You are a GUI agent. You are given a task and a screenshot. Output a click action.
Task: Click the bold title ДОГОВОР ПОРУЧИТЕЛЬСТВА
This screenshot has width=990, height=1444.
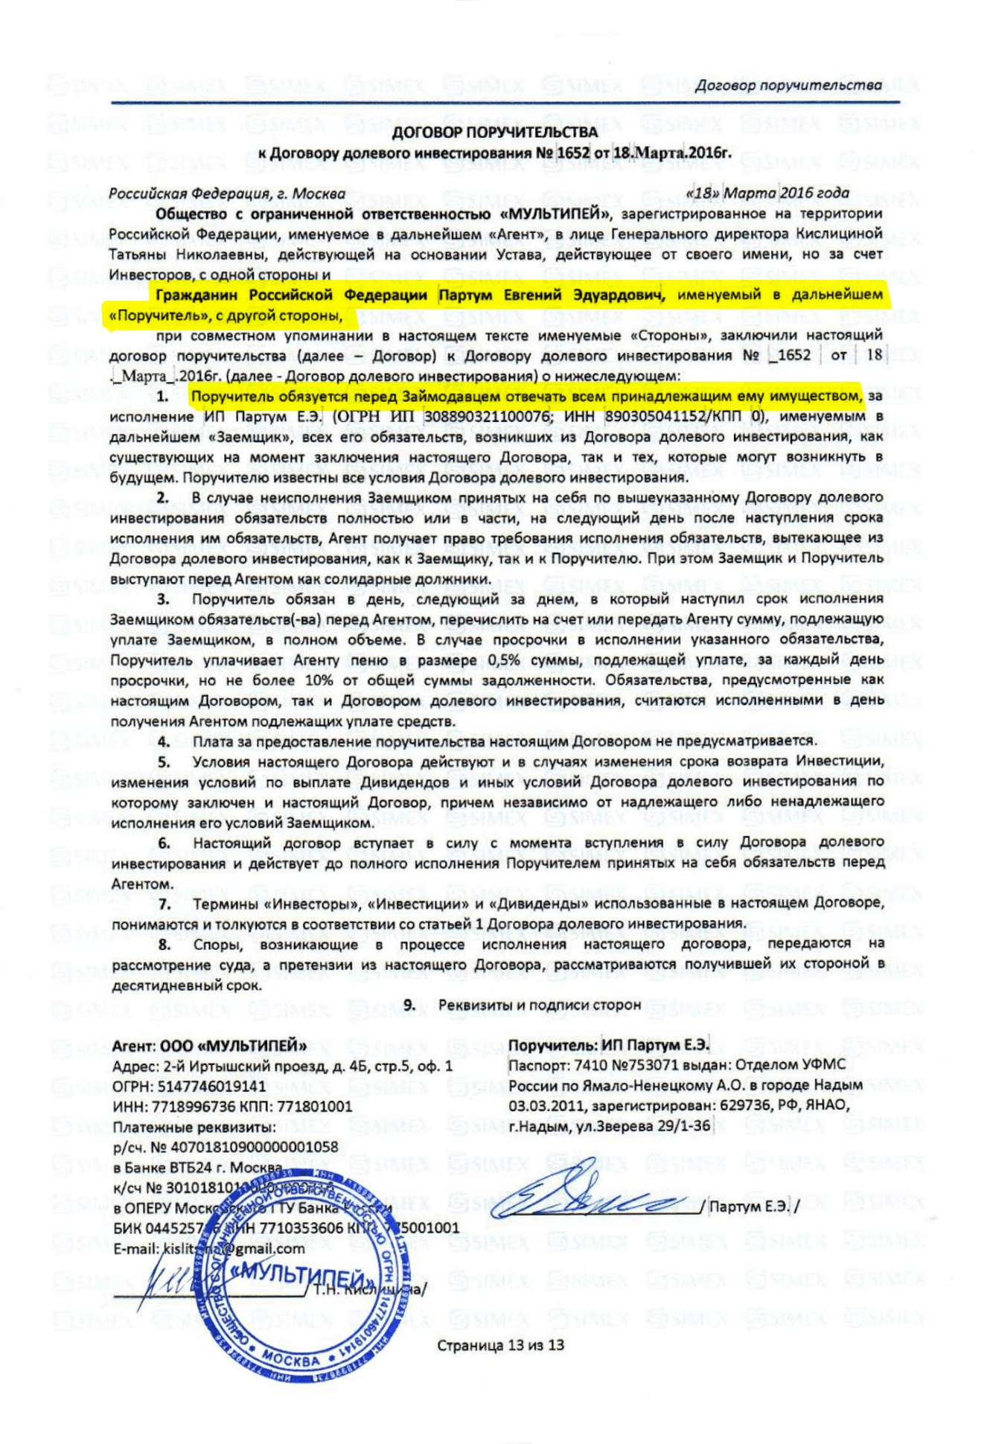494,132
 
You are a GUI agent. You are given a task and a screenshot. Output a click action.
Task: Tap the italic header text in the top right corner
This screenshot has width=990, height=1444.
788,86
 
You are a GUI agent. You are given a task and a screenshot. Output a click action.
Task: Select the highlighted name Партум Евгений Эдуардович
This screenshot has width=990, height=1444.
551,295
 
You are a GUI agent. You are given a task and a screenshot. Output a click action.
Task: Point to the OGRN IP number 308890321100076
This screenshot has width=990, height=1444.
488,417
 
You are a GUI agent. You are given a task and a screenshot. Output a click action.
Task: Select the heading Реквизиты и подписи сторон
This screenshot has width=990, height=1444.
539,1005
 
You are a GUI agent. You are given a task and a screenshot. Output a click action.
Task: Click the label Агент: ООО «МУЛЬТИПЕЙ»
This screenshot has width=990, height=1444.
209,1046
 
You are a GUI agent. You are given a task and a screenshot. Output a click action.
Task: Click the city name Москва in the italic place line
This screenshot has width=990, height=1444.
319,194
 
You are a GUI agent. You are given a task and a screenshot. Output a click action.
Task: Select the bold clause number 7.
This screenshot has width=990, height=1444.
165,904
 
